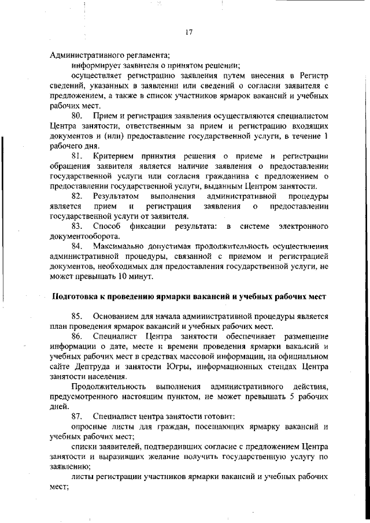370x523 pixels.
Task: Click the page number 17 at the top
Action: [188, 32]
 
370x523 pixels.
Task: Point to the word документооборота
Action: [84, 236]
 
